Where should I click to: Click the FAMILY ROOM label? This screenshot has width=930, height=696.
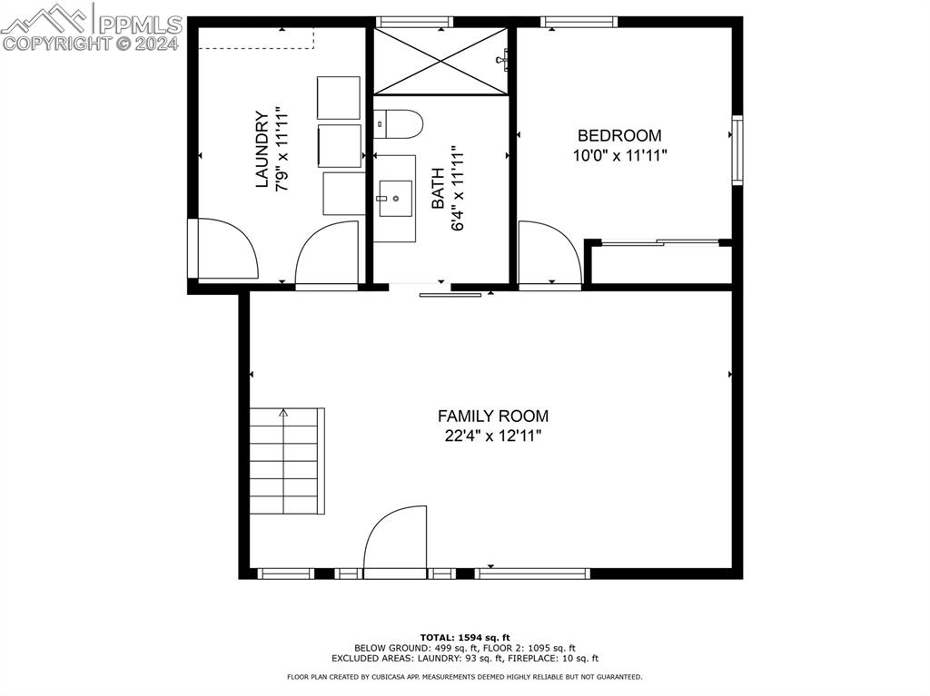(492, 416)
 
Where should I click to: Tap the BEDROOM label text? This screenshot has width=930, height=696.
(619, 136)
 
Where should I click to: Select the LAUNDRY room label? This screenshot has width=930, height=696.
(262, 150)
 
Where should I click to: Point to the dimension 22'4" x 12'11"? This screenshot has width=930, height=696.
(492, 436)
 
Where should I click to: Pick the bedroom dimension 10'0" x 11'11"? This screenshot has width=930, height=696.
(619, 155)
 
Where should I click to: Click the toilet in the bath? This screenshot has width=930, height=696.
(398, 124)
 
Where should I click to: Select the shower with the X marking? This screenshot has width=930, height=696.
(441, 61)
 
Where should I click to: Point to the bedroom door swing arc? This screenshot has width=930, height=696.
(549, 254)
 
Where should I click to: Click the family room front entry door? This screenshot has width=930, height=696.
(395, 542)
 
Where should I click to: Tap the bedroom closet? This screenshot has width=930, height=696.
(661, 264)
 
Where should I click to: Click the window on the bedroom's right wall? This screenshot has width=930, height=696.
(737, 151)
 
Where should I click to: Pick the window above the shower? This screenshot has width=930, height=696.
(413, 22)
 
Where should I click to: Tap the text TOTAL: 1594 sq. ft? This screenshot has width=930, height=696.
(465, 637)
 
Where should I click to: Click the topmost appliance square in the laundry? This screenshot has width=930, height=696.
(338, 97)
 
